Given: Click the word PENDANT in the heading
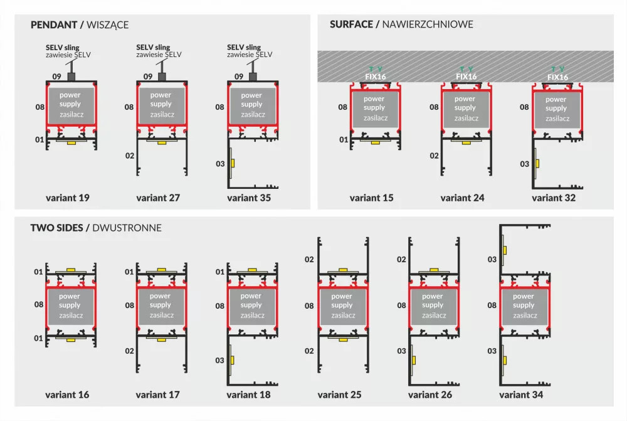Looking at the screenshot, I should click(x=54, y=25).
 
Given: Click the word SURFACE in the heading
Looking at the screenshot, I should click(x=351, y=24).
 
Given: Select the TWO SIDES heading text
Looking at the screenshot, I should click(x=57, y=228).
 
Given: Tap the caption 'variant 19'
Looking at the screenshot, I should click(x=68, y=198).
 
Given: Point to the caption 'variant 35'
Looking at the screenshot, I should click(x=249, y=198).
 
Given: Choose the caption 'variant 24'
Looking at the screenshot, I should click(x=462, y=198).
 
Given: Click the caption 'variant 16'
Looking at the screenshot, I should click(x=67, y=395).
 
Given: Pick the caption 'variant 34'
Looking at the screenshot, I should click(x=521, y=395).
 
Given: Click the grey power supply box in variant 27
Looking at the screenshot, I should click(x=161, y=104).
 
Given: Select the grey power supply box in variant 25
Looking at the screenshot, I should click(x=342, y=306).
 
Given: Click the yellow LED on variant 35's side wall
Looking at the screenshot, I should click(x=233, y=163).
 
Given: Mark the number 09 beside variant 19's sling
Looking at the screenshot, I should click(x=56, y=77).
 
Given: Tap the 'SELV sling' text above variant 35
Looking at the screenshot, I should click(x=244, y=47).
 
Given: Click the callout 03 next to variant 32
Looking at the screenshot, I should click(x=524, y=164).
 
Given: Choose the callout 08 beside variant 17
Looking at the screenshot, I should click(x=129, y=306).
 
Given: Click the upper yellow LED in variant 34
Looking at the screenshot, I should click(x=505, y=250).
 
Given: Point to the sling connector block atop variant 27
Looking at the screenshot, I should click(x=162, y=77).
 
